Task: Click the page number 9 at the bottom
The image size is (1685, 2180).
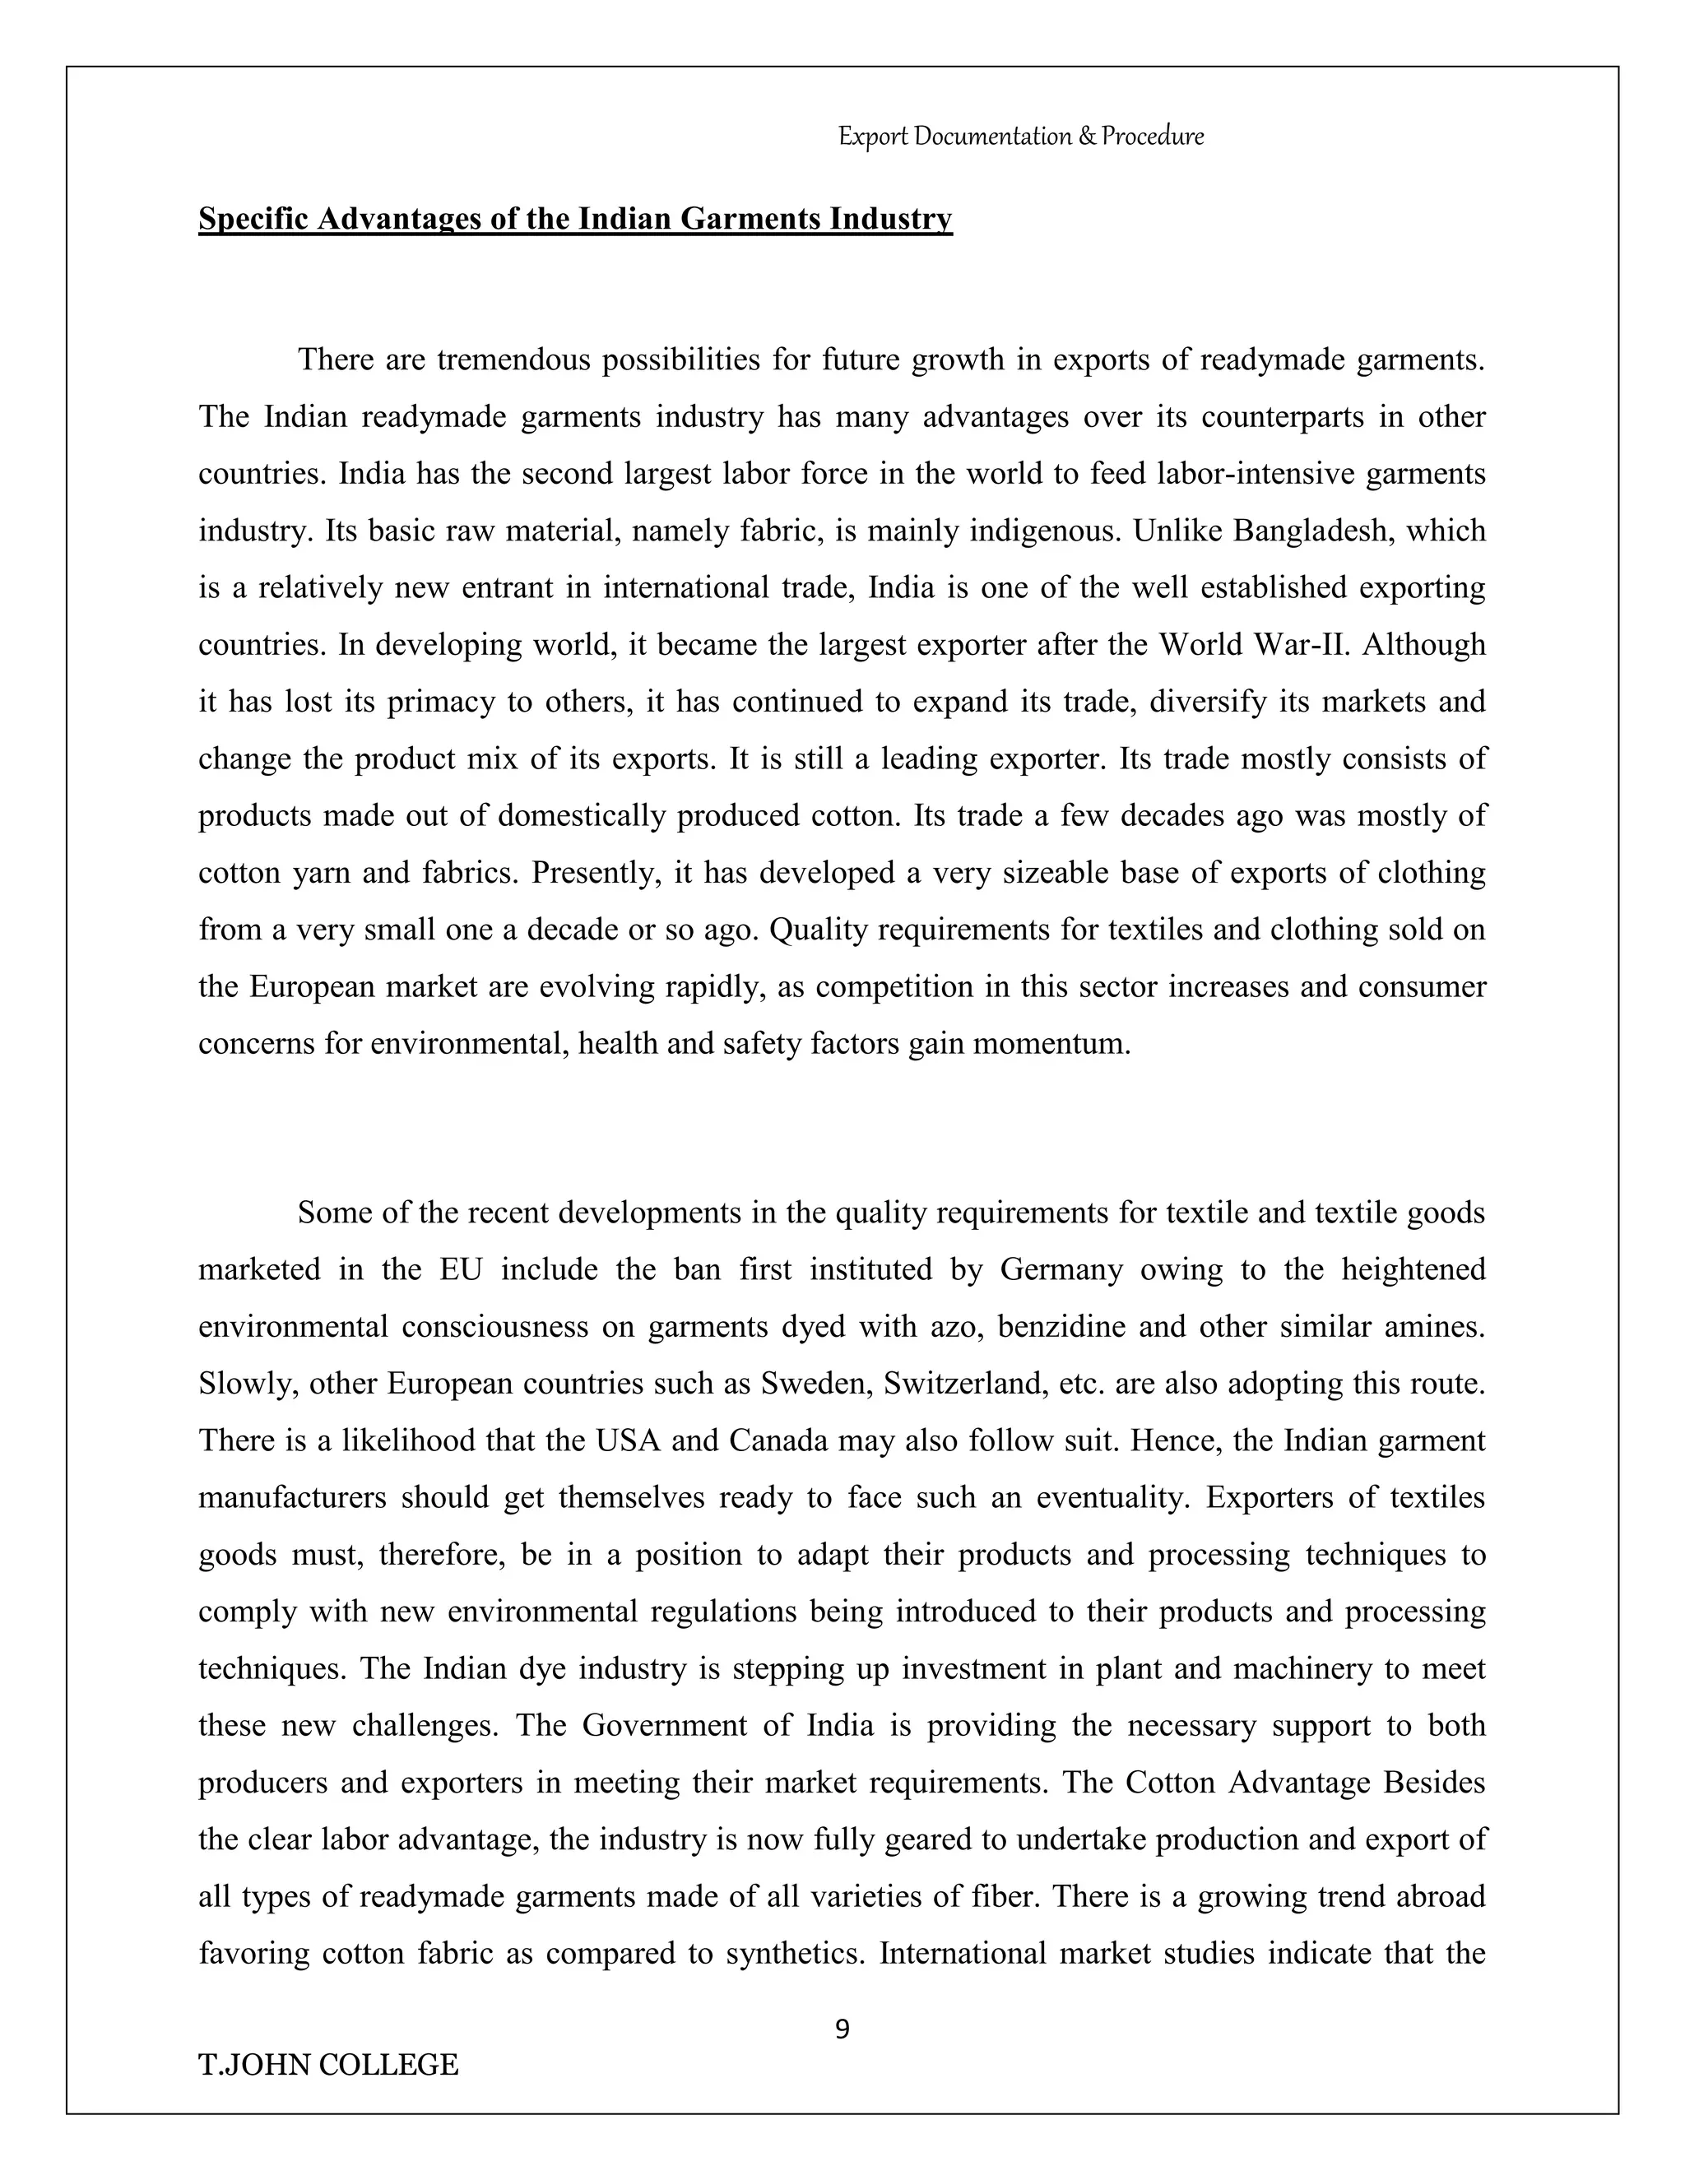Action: coord(842,2029)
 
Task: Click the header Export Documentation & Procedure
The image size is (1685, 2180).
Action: coord(1020,136)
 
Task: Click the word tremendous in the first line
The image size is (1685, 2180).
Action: coord(513,359)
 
